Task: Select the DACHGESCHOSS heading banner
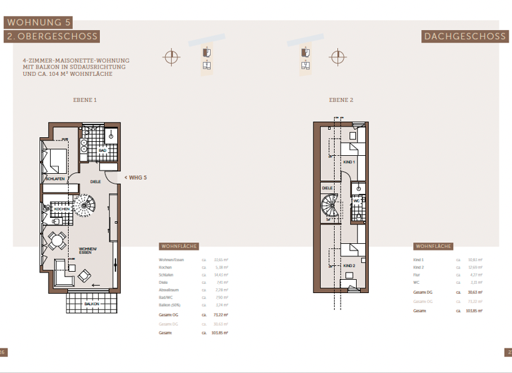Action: pyautogui.click(x=465, y=37)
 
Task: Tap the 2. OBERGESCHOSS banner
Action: pyautogui.click(x=52, y=37)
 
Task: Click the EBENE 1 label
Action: pyautogui.click(x=85, y=100)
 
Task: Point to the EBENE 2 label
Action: pyautogui.click(x=341, y=100)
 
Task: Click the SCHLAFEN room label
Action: pyautogui.click(x=55, y=180)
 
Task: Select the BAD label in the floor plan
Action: pyautogui.click(x=103, y=151)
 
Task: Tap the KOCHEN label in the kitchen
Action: pyautogui.click(x=62, y=209)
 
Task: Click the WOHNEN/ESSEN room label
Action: pyautogui.click(x=88, y=250)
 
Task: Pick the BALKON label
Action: pyautogui.click(x=91, y=304)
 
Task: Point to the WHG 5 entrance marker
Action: pyautogui.click(x=135, y=177)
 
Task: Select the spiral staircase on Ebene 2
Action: pyautogui.click(x=331, y=209)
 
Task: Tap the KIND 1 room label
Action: pyautogui.click(x=349, y=162)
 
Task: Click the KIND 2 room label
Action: pyautogui.click(x=349, y=264)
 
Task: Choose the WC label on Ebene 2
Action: pyautogui.click(x=357, y=200)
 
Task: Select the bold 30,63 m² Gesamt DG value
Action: pyautogui.click(x=475, y=292)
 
